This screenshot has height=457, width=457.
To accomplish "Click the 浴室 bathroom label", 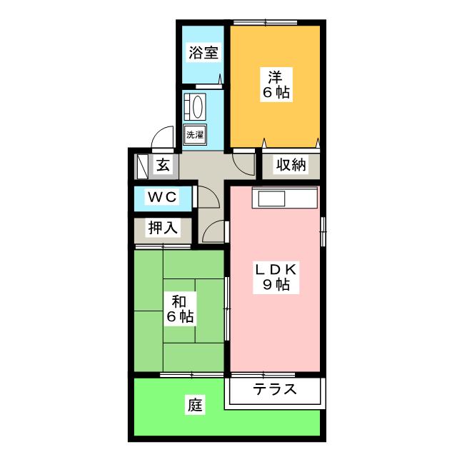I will pos(203,52).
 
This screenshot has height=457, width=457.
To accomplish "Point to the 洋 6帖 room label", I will pos(274,83).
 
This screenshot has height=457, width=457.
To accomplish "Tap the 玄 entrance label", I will pos(164,166).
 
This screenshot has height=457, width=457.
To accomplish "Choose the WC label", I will pos(162,197).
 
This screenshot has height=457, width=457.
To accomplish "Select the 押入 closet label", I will pos(163,228).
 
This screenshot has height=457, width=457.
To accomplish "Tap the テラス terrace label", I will pos(274,390).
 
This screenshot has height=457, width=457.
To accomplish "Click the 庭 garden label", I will pos(196,406).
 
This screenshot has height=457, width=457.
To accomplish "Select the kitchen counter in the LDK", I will pos(283,197).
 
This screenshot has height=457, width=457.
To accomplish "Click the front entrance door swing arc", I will pos(164,139).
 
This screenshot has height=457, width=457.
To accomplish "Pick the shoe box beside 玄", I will pos(141,166).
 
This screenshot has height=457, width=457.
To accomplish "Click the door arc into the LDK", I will pos(214,231).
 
